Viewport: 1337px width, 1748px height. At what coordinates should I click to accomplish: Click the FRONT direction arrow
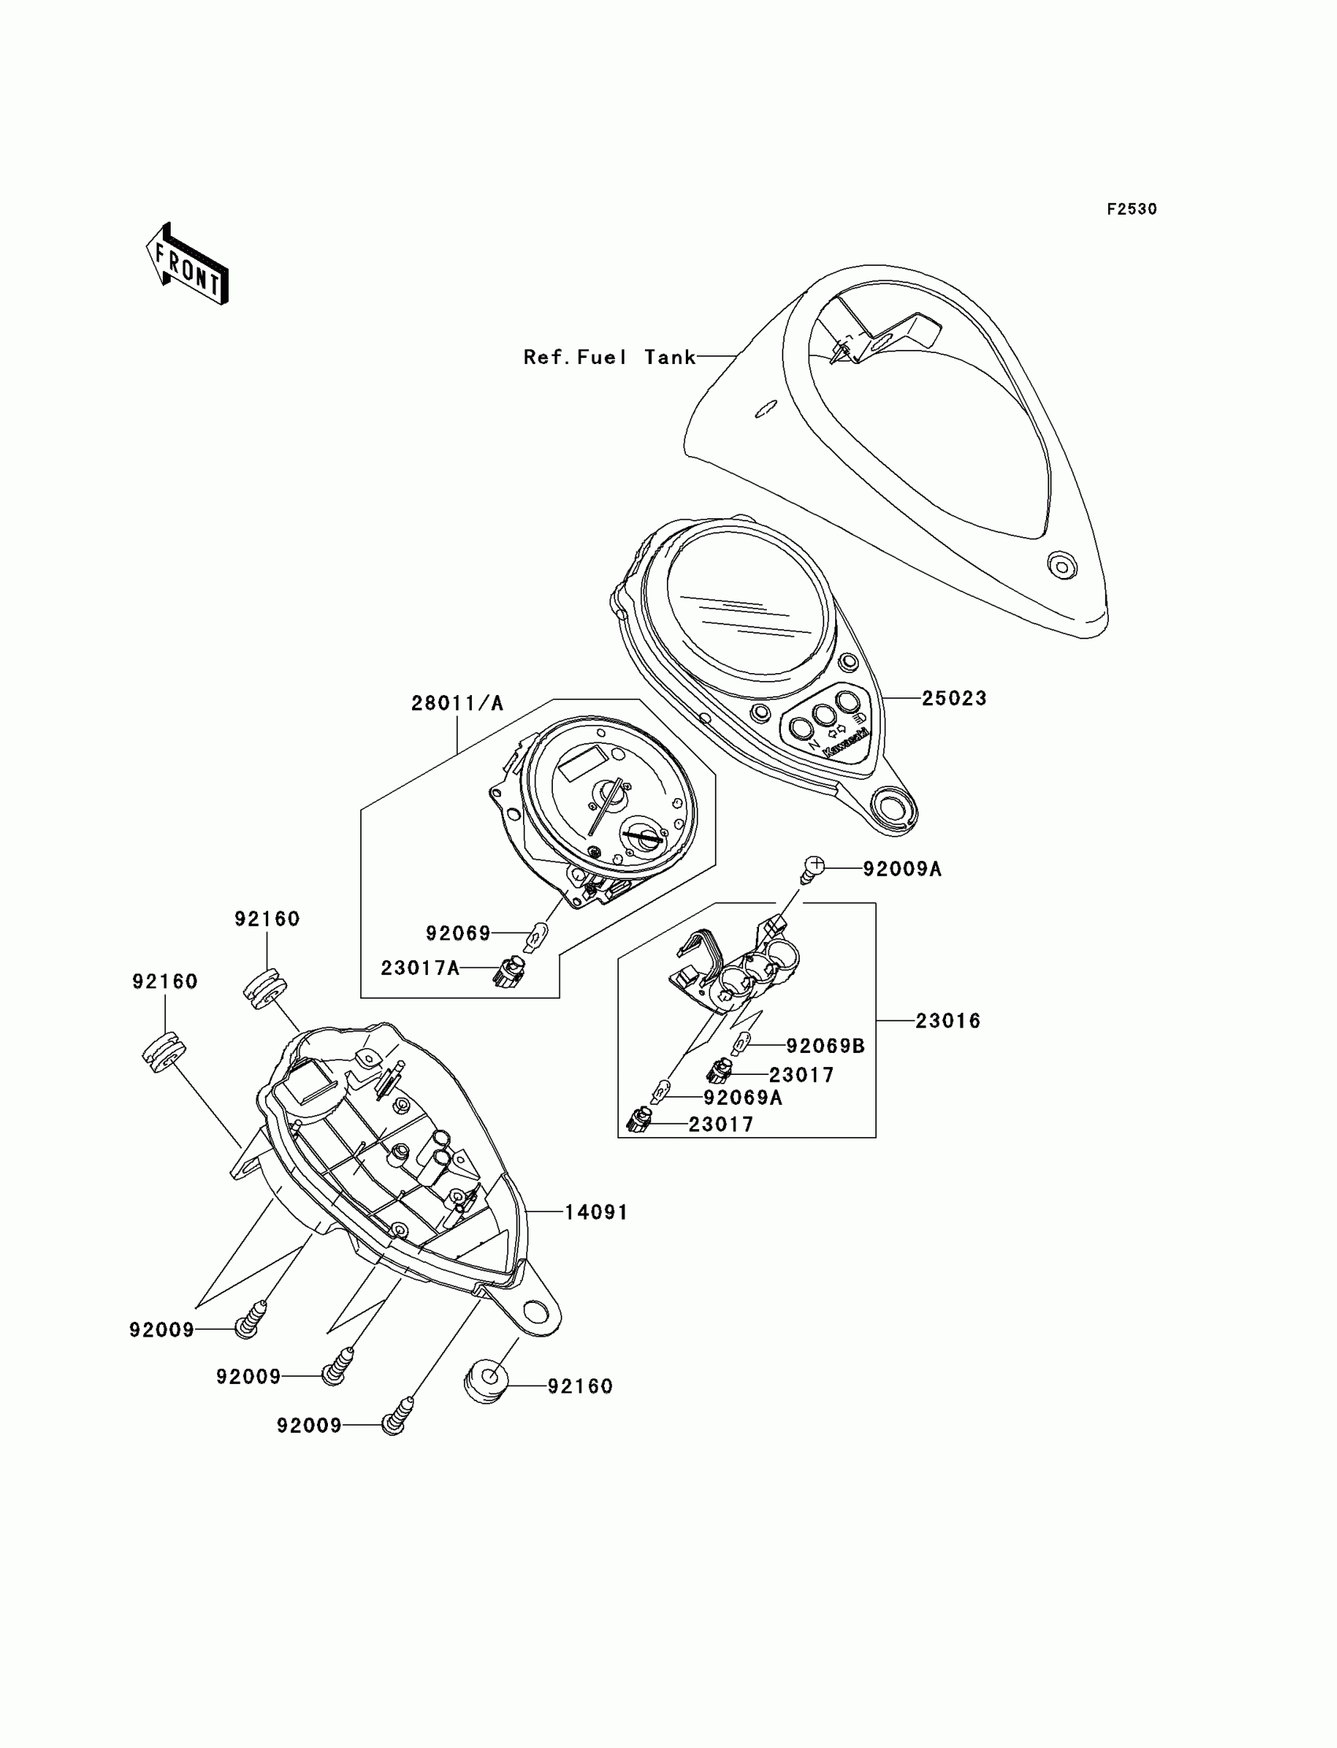pos(188,266)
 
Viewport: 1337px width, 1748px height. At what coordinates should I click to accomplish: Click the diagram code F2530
pos(1131,209)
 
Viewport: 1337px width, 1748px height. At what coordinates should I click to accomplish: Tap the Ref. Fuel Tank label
pos(609,357)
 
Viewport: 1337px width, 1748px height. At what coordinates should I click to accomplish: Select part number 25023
pos(953,697)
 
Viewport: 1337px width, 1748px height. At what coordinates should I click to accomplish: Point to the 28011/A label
pos(457,702)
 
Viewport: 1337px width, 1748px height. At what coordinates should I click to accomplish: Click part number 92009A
pos(901,869)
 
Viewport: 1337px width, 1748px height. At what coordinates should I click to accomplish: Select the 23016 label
pos(947,1020)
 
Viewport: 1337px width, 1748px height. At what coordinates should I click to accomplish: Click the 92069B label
pos(825,1046)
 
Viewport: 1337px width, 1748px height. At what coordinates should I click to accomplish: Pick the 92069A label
pos(742,1097)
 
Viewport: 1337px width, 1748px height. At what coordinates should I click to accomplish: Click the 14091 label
pos(596,1212)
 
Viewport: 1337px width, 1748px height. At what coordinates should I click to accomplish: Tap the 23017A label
pos(419,967)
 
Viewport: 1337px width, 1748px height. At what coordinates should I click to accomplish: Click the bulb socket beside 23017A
pos(507,971)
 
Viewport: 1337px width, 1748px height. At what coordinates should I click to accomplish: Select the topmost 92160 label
pos(267,918)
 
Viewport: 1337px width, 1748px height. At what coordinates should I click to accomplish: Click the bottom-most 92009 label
pos(309,1425)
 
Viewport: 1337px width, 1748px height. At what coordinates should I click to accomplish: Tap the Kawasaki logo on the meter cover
pos(845,743)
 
